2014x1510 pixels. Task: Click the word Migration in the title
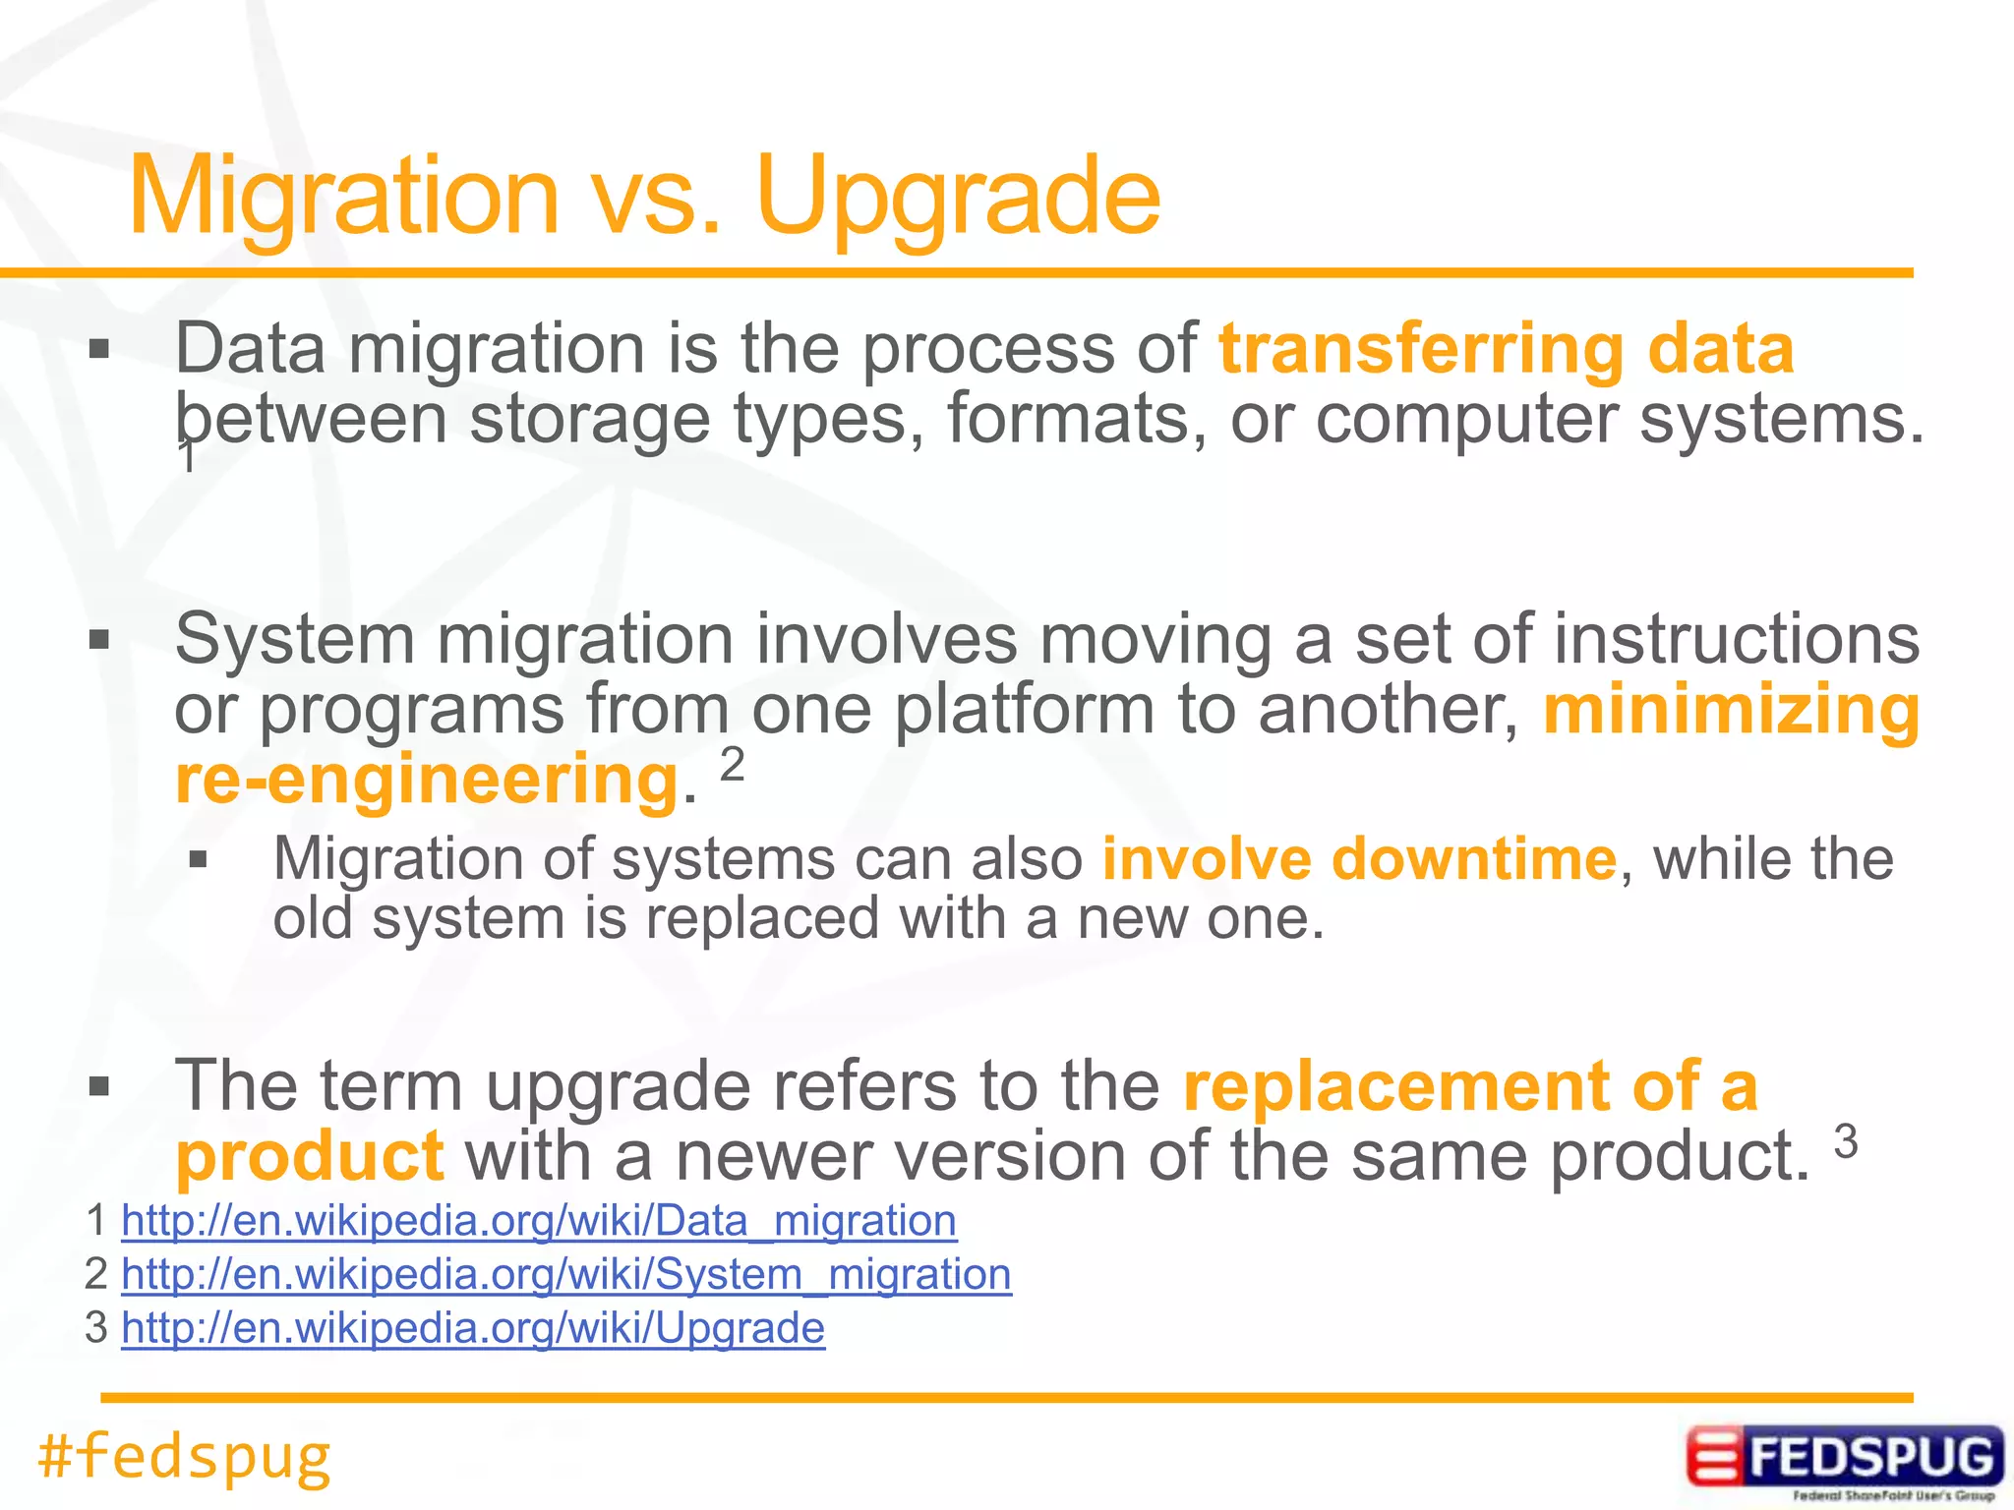coord(344,197)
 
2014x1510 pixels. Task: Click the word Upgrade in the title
coord(959,197)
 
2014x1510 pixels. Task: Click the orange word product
coord(309,1156)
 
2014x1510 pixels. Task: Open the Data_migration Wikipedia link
coord(539,1221)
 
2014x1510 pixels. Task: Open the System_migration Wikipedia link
coord(566,1275)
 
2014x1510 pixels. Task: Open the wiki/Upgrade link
coord(473,1328)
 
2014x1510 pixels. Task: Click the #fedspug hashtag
coord(184,1456)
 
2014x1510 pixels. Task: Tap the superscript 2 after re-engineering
coord(733,764)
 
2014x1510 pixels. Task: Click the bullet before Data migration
coord(98,350)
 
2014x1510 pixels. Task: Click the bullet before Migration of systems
coord(199,861)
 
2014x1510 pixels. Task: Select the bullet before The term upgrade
coord(98,1087)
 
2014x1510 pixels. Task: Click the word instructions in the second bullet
coord(1736,640)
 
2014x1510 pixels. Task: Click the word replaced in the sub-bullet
coord(762,919)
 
